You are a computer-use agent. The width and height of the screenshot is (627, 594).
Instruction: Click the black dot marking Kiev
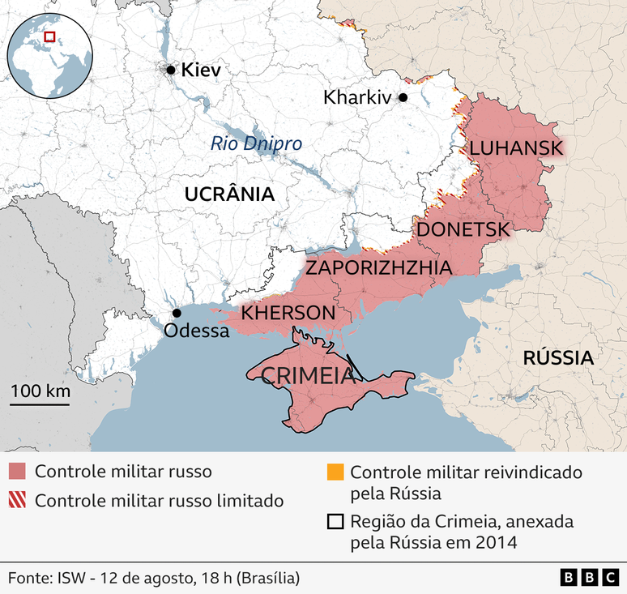click(x=171, y=71)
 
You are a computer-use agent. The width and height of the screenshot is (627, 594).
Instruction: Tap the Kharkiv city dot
click(x=403, y=98)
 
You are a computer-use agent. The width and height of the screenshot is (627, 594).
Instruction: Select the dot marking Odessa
click(x=177, y=314)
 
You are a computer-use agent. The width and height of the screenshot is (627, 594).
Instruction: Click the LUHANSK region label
click(x=516, y=148)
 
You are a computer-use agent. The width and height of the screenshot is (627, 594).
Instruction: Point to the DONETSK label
click(x=463, y=229)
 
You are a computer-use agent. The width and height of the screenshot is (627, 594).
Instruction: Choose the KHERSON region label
click(x=288, y=313)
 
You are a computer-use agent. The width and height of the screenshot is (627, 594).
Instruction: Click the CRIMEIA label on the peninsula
click(x=301, y=375)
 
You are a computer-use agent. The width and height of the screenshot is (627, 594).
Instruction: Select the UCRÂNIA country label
click(x=229, y=194)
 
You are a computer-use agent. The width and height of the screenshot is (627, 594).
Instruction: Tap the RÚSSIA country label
click(x=557, y=357)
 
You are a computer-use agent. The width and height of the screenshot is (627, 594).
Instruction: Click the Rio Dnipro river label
click(x=256, y=144)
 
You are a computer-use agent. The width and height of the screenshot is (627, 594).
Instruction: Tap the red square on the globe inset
click(x=49, y=36)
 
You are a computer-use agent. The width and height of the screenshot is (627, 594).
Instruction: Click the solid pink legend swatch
click(x=17, y=472)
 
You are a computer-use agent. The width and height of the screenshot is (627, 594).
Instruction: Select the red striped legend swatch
click(x=17, y=500)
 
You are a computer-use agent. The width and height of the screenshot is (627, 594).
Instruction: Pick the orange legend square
click(x=335, y=472)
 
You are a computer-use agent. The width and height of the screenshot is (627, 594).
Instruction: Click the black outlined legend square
click(x=335, y=522)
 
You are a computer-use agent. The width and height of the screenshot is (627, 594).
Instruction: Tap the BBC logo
click(x=588, y=577)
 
